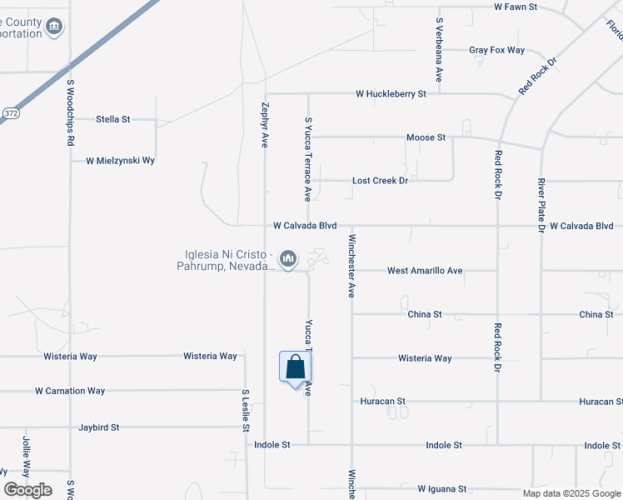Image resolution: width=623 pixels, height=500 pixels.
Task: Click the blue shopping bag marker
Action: pyautogui.click(x=295, y=367)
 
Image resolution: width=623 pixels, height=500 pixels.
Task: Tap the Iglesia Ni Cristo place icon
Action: pyautogui.click(x=288, y=259)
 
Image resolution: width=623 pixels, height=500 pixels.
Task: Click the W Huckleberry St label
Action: pyautogui.click(x=391, y=94)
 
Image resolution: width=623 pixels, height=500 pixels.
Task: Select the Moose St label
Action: pyautogui.click(x=426, y=137)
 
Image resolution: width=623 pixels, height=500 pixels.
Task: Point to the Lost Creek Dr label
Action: pyautogui.click(x=380, y=180)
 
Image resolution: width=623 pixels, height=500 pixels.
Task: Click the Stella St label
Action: pyautogui.click(x=113, y=119)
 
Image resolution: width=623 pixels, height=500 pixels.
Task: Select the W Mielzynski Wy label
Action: pyautogui.click(x=121, y=160)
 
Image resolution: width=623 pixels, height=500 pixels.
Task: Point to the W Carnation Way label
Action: pyautogui.click(x=70, y=390)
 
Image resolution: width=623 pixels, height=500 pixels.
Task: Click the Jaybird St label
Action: pyautogui.click(x=99, y=427)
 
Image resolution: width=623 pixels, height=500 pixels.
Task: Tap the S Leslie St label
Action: pyautogui.click(x=246, y=410)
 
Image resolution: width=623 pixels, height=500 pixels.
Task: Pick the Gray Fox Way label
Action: pyautogui.click(x=496, y=50)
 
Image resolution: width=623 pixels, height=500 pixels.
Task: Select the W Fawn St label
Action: pyautogui.click(x=516, y=7)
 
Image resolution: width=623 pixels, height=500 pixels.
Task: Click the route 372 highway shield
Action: pyautogui.click(x=10, y=112)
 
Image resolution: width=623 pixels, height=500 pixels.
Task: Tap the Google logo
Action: pyautogui.click(x=27, y=490)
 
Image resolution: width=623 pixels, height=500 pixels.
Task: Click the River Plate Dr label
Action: pyautogui.click(x=541, y=204)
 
